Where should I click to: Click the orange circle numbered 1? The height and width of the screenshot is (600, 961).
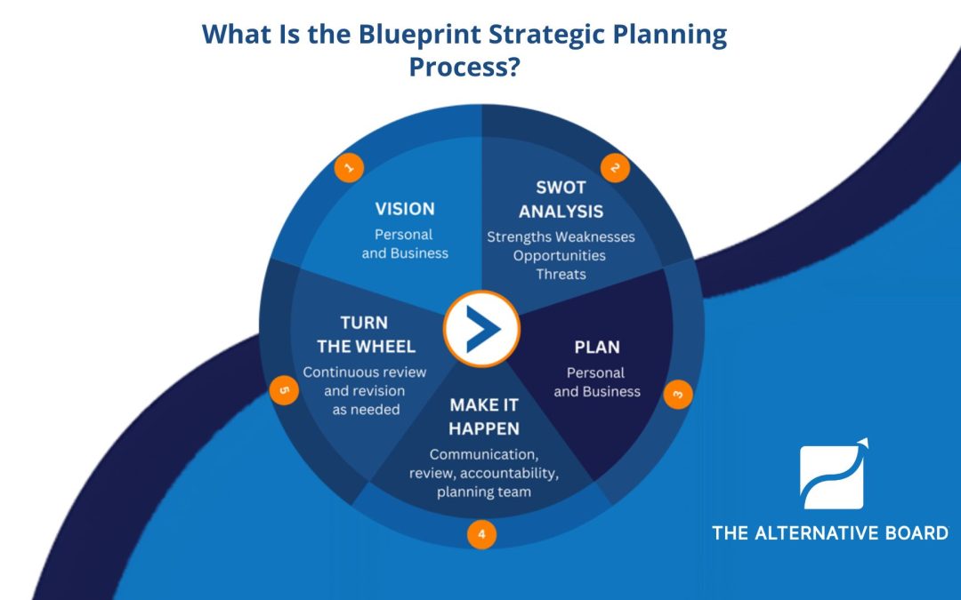click(x=349, y=166)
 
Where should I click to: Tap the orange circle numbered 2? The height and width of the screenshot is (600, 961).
click(x=614, y=167)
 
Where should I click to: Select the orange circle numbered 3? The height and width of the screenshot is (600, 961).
click(x=677, y=393)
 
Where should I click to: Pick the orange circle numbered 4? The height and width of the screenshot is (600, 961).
click(x=481, y=534)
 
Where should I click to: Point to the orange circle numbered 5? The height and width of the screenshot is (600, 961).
click(x=284, y=390)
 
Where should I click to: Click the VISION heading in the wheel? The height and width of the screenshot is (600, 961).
click(x=405, y=209)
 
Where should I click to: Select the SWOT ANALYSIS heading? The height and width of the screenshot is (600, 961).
click(x=561, y=199)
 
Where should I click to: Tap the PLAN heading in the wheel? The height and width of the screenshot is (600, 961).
click(x=597, y=347)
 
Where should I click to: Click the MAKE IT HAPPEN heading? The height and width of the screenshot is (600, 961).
click(x=484, y=417)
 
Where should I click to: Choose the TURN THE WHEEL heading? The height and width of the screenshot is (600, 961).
click(x=364, y=334)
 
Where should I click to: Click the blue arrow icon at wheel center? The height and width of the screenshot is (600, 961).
click(x=481, y=328)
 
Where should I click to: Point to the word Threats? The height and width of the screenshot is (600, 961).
click(x=561, y=274)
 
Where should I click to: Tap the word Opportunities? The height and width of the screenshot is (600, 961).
click(x=559, y=255)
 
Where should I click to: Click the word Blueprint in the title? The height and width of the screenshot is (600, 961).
click(x=422, y=35)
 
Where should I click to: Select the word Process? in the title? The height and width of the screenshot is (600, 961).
click(x=464, y=67)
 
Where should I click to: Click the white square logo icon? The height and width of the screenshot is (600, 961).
click(x=832, y=476)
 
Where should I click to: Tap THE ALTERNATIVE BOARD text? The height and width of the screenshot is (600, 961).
click(x=829, y=532)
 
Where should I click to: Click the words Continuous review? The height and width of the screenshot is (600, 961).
click(x=364, y=372)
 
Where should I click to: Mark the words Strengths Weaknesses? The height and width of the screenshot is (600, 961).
click(x=561, y=236)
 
